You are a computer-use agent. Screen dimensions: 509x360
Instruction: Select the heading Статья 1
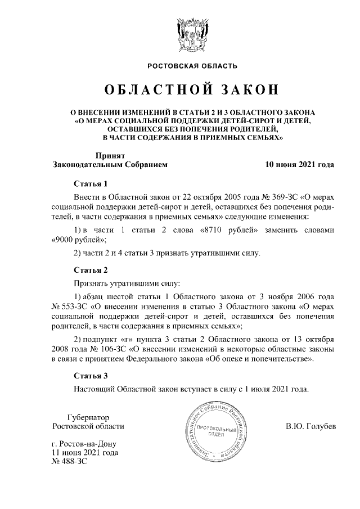coord(90,184)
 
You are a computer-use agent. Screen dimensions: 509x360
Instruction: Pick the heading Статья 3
coord(90,375)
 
